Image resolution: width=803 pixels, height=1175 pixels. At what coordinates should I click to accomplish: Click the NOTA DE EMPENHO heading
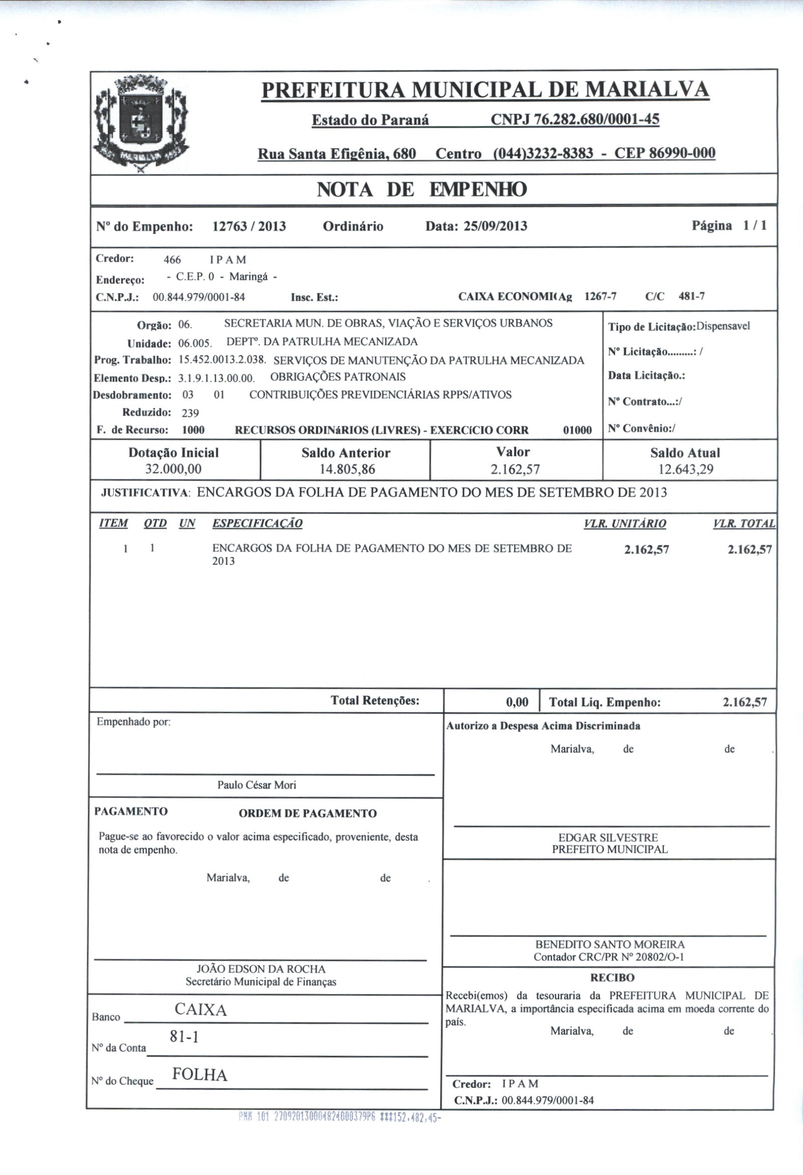[x=422, y=190]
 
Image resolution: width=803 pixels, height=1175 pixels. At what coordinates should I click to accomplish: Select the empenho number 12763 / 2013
[x=249, y=226]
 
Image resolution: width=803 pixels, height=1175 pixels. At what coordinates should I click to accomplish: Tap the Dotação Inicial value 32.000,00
[x=173, y=469]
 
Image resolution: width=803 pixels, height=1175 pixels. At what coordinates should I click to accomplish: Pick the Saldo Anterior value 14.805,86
[x=347, y=469]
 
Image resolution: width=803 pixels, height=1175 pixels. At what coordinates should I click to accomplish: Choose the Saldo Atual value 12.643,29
[x=685, y=469]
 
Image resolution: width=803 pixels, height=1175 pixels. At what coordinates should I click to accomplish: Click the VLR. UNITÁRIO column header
[x=625, y=523]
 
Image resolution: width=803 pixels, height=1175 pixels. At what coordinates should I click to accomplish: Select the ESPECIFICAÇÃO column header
[x=257, y=523]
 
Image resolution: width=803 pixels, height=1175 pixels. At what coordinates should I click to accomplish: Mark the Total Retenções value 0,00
[x=517, y=702]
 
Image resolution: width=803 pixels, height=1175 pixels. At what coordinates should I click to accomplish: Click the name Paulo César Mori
[x=256, y=785]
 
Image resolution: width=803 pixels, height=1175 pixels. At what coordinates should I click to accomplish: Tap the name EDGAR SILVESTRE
[x=608, y=837]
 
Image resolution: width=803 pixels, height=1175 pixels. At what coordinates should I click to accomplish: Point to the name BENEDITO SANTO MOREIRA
[x=610, y=944]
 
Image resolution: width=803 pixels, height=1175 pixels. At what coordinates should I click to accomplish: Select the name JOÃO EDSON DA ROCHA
[x=261, y=969]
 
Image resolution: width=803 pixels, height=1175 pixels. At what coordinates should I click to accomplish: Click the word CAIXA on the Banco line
[x=201, y=1010]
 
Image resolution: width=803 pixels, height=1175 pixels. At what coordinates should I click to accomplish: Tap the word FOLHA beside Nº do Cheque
[x=200, y=1074]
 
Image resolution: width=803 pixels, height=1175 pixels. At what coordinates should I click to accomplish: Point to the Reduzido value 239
[x=190, y=413]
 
